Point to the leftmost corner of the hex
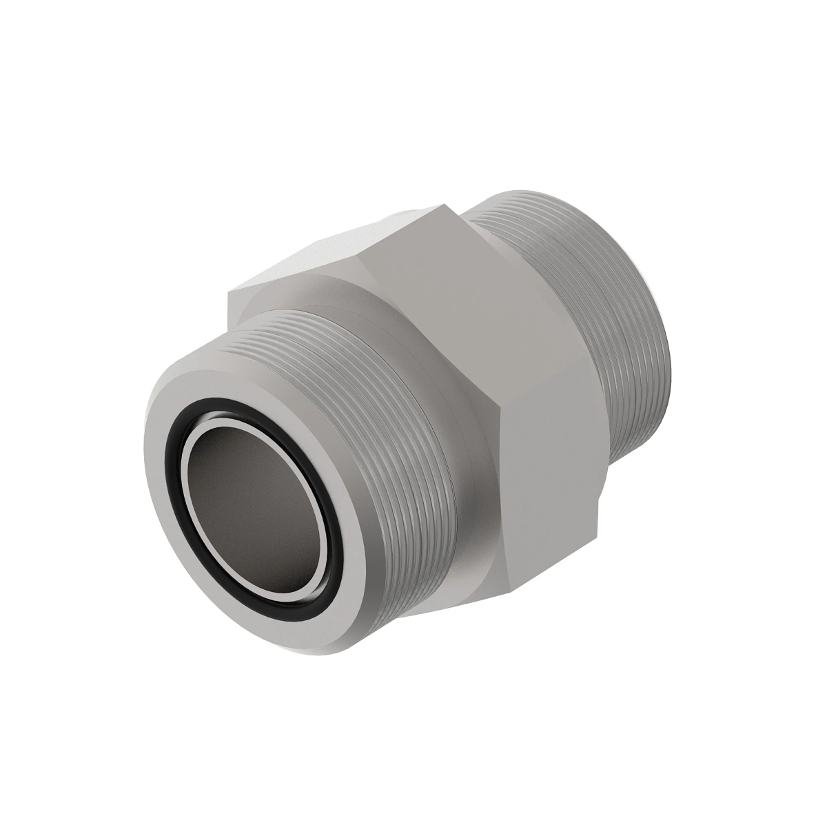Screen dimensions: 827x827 (x=229, y=293)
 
